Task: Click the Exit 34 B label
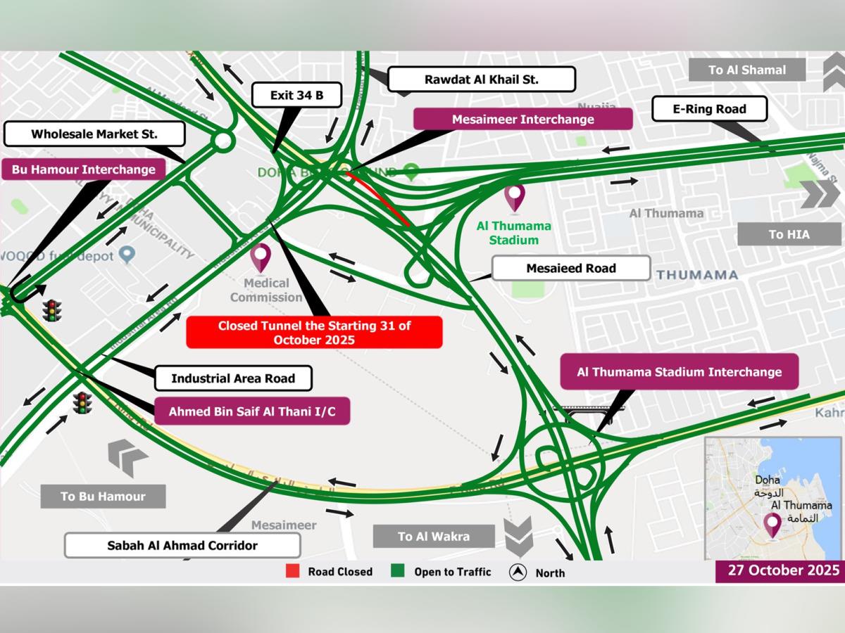coord(296,95)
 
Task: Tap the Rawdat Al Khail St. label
coord(481,79)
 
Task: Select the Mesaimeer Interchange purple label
coord(522,119)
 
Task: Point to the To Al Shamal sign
coord(746,70)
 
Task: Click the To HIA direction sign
coord(789,234)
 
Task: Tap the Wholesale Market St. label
coord(94,134)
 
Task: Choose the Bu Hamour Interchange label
coord(83,170)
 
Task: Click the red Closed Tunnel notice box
coord(314,332)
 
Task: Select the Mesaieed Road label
coord(570,268)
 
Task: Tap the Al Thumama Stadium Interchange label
coord(679,372)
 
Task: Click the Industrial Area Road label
coord(232,378)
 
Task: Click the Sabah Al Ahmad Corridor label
coord(182,545)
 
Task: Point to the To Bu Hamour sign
coord(103,496)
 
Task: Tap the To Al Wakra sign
coord(433,536)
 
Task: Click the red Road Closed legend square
coord(292,571)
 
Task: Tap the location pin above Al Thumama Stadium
coord(515,198)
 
